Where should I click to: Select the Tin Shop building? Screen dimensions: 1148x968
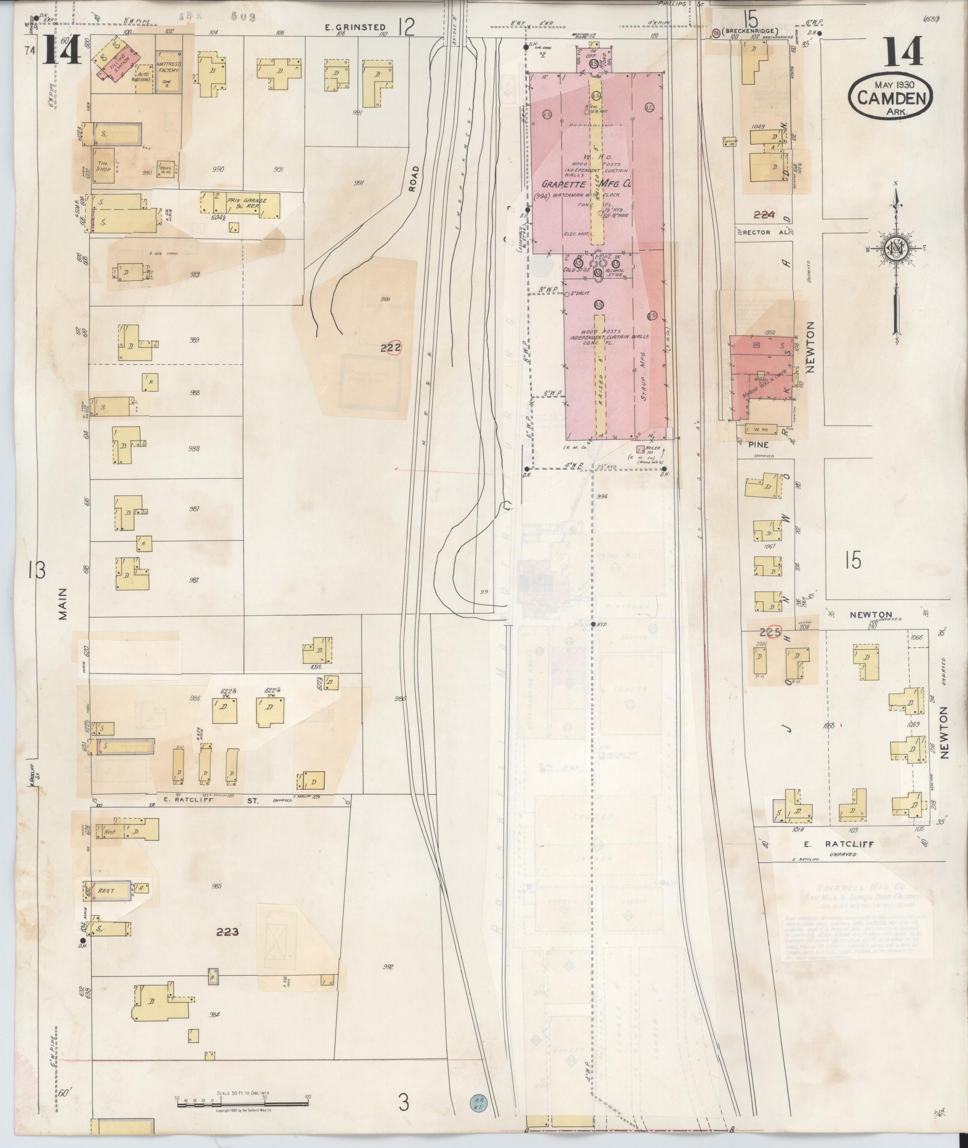pyautogui.click(x=104, y=166)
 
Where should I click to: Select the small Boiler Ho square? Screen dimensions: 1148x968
pyautogui.click(x=640, y=448)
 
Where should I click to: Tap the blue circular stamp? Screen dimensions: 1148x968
pyautogui.click(x=478, y=1101)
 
